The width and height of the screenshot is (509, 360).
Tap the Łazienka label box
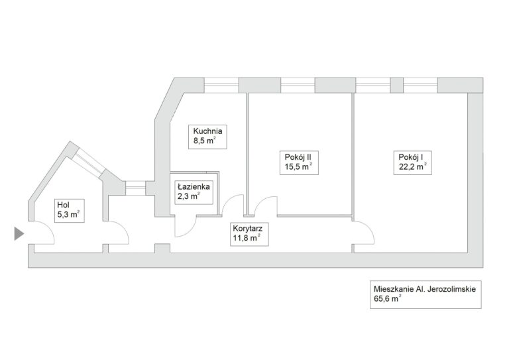194,192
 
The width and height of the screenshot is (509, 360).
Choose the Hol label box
68,210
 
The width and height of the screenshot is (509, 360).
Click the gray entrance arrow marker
19,233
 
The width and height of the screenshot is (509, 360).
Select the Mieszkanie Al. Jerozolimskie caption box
425,294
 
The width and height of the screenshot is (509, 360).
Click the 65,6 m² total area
388,300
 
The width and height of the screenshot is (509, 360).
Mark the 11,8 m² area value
246,239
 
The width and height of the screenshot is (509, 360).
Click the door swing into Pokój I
363,233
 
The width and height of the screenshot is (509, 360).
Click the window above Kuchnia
221,84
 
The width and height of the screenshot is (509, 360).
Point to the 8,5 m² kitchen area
203,141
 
